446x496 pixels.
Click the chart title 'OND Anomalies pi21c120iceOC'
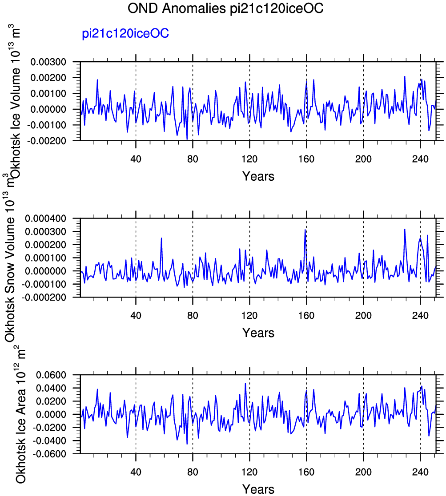point(225,8)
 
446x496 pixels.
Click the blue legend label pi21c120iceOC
point(125,34)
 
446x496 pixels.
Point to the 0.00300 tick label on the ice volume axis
point(48,62)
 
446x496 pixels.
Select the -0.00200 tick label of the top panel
point(47,141)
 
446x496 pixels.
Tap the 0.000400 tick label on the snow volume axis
point(46,218)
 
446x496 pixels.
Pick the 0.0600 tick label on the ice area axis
point(51,375)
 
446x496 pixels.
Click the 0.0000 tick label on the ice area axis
point(51,414)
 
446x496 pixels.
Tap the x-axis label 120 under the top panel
point(249,159)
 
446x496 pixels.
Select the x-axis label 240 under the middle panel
point(420,315)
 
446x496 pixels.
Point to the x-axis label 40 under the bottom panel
point(136,472)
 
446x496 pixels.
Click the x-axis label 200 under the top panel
point(363,159)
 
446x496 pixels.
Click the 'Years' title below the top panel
point(258,176)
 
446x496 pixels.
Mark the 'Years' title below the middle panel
point(258,333)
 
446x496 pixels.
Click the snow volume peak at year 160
point(305,230)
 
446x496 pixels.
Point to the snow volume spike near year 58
point(161,238)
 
